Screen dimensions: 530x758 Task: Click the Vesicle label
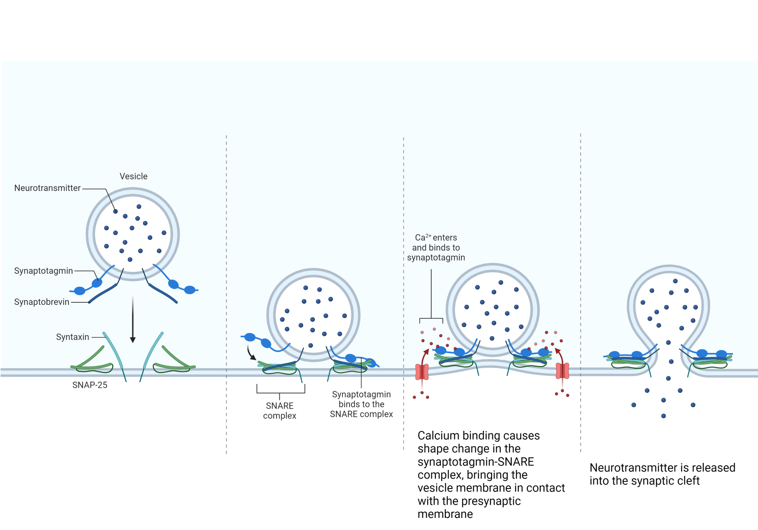[x=133, y=177]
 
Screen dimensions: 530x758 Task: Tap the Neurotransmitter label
[x=47, y=188]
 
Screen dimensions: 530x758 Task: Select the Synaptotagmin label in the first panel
[x=43, y=271]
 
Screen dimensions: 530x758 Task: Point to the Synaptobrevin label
[x=41, y=302]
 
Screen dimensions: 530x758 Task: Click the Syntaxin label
[x=72, y=337]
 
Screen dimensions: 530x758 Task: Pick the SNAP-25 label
[x=90, y=385]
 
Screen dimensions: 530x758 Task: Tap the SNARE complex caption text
[x=280, y=411]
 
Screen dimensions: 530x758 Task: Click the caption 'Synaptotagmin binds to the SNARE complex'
[x=361, y=404]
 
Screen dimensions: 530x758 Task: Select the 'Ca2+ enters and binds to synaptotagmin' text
[x=436, y=248]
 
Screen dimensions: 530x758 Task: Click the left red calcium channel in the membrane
[x=422, y=372]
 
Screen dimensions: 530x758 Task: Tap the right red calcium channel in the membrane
[x=562, y=371]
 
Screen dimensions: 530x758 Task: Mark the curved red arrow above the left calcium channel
[x=425, y=356]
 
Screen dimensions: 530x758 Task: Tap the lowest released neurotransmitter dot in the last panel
[x=664, y=416]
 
